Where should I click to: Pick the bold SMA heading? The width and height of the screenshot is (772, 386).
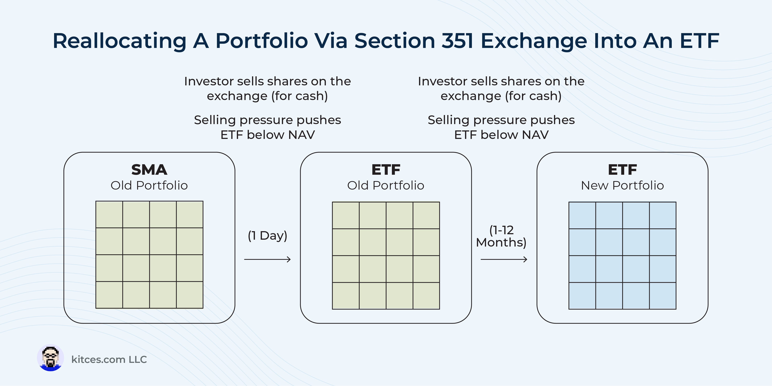click(x=149, y=170)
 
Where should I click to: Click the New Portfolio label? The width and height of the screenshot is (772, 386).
click(x=622, y=186)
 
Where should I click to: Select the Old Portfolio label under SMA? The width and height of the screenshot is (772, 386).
click(x=149, y=186)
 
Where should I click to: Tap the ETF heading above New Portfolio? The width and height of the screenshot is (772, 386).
click(x=622, y=170)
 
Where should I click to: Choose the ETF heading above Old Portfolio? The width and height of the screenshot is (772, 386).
click(x=386, y=170)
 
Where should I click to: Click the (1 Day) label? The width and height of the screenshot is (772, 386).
click(x=268, y=236)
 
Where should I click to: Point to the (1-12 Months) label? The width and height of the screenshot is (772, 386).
click(x=501, y=236)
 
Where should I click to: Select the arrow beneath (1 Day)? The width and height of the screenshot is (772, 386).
click(x=268, y=259)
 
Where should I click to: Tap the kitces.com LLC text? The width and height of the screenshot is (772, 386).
click(x=109, y=359)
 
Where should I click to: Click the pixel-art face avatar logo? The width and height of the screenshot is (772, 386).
click(x=50, y=358)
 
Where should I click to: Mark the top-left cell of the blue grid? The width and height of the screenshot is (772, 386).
click(x=582, y=215)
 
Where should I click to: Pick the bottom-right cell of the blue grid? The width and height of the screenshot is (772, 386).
click(x=663, y=296)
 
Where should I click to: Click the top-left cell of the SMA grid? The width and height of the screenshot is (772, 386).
click(x=109, y=215)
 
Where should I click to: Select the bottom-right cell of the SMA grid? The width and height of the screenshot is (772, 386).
click(x=190, y=295)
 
